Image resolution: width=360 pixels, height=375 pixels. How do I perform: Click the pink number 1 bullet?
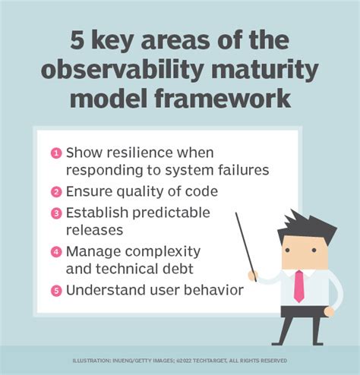(x=57, y=153)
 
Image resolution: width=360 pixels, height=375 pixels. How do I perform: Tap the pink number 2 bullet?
(x=57, y=191)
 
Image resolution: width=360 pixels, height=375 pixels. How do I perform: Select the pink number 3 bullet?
(x=57, y=212)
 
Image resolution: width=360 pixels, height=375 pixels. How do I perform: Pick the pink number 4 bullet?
(x=57, y=251)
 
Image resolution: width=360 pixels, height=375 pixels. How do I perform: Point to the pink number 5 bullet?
(x=57, y=290)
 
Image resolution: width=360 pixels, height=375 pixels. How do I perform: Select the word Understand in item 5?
(x=102, y=290)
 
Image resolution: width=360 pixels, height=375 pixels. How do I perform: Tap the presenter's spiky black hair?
(x=305, y=226)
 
